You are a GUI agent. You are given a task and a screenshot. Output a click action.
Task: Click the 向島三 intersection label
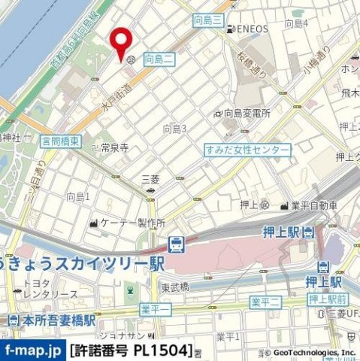(x=207, y=20)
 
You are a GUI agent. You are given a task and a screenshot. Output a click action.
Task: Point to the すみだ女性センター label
(x=247, y=150)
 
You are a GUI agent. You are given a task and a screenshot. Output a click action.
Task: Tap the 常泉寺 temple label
(x=116, y=148)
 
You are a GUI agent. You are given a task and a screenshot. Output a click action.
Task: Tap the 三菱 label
(x=151, y=179)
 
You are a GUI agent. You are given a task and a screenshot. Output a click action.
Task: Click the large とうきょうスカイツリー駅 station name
(x=83, y=263)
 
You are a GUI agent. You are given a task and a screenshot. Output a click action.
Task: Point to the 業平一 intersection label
(x=155, y=309)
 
